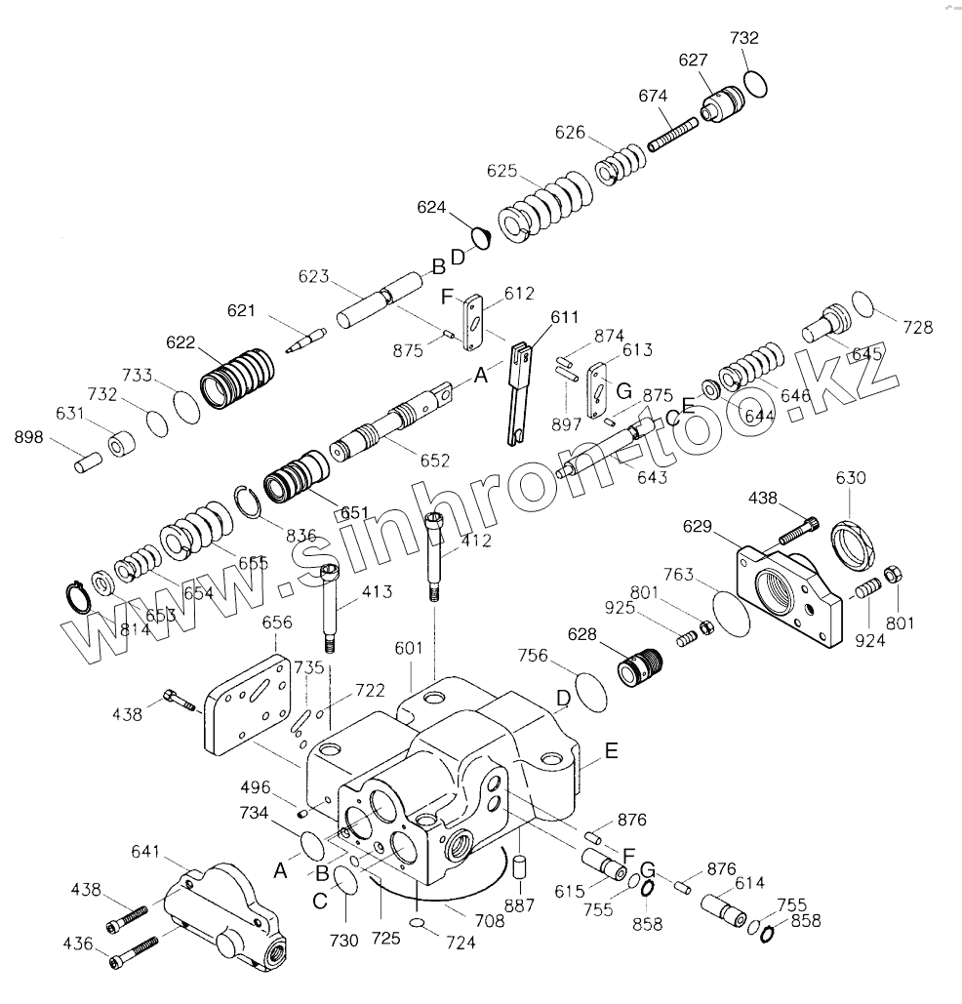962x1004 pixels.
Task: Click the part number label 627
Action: click(694, 60)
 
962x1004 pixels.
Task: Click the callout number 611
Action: click(564, 317)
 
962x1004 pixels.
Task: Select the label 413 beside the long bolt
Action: click(377, 591)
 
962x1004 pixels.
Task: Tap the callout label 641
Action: click(147, 851)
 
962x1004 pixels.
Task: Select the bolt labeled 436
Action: click(137, 951)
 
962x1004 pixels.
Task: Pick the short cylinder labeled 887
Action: click(520, 866)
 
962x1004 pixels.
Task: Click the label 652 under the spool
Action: click(436, 461)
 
